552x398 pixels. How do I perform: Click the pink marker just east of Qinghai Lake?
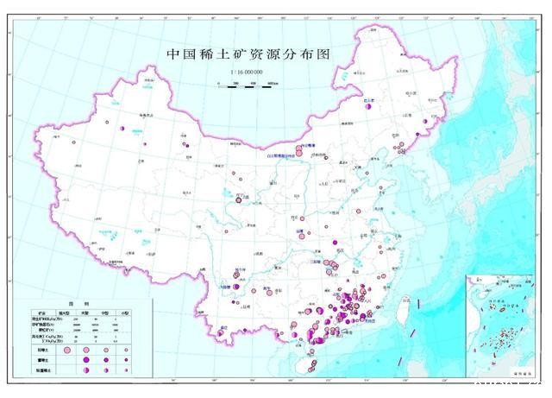tap(239, 201)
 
